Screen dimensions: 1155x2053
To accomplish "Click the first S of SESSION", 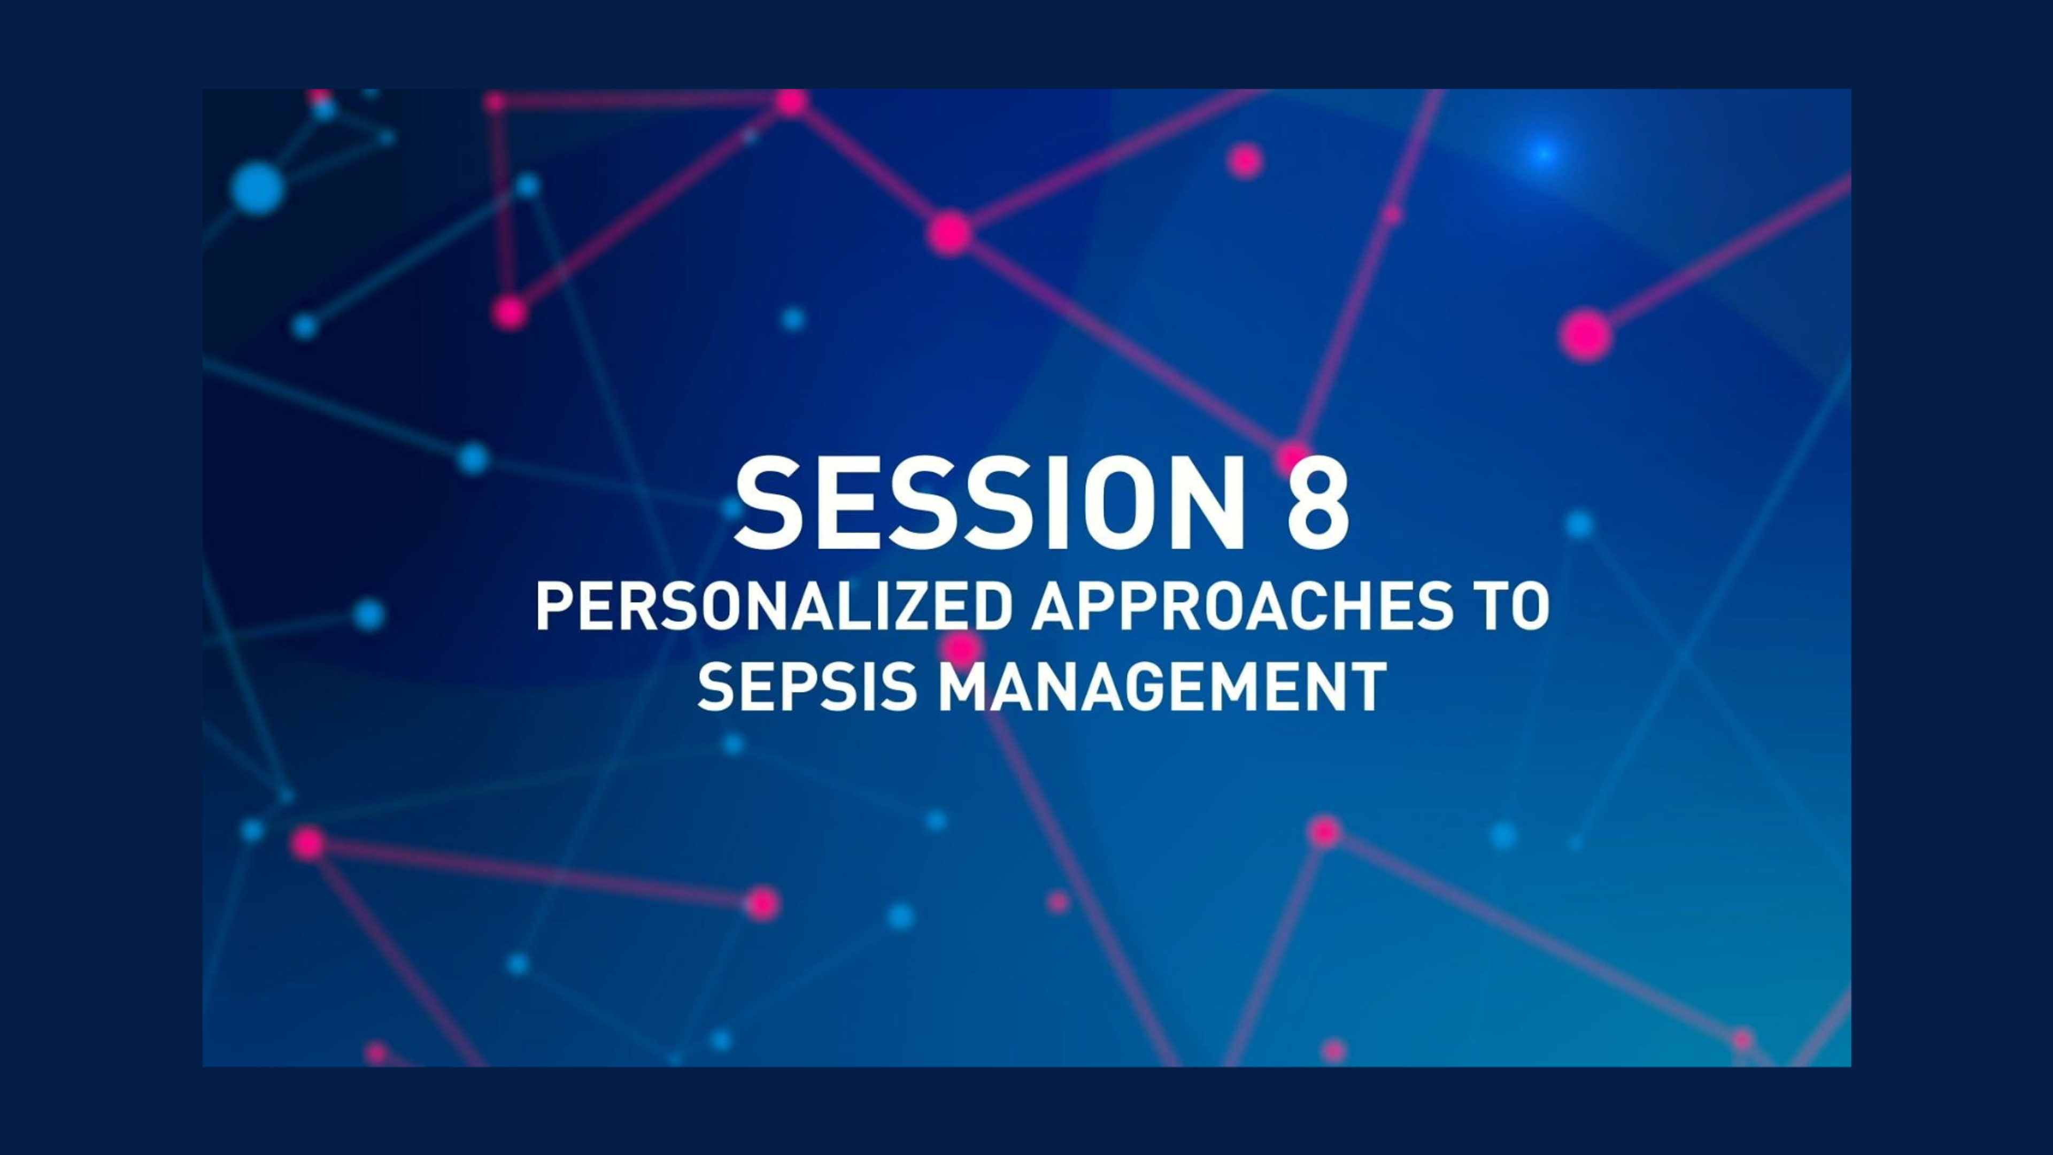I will pos(771,504).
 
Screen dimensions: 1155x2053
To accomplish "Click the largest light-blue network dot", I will pos(257,188).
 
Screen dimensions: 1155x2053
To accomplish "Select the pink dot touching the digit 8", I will pos(1294,456).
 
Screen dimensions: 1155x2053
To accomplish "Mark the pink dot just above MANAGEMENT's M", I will pos(962,646).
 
